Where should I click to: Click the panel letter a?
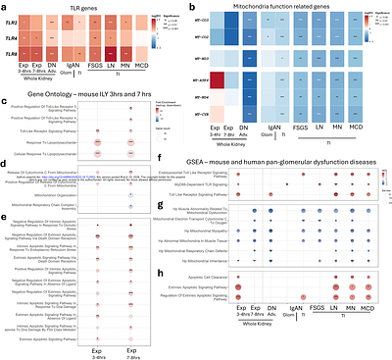tap(5, 6)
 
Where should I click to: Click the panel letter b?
tap(203, 6)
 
